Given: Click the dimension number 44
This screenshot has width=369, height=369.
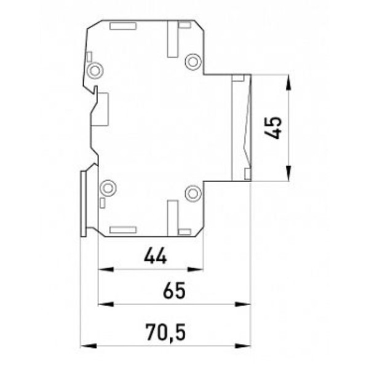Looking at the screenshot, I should pyautogui.click(x=156, y=256).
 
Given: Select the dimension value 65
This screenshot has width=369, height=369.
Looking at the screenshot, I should pyautogui.click(x=175, y=291).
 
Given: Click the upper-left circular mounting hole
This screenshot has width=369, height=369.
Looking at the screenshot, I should pyautogui.click(x=95, y=71).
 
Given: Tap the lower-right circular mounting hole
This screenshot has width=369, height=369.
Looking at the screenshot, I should pyautogui.click(x=193, y=192).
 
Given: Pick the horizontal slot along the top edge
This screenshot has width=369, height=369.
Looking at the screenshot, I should pyautogui.click(x=122, y=26).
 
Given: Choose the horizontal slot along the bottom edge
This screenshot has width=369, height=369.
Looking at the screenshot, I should pyautogui.click(x=122, y=230).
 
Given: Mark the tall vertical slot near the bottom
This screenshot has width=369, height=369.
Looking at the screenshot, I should pyautogui.click(x=173, y=216).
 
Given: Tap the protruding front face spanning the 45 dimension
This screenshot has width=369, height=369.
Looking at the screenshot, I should pyautogui.click(x=241, y=127).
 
